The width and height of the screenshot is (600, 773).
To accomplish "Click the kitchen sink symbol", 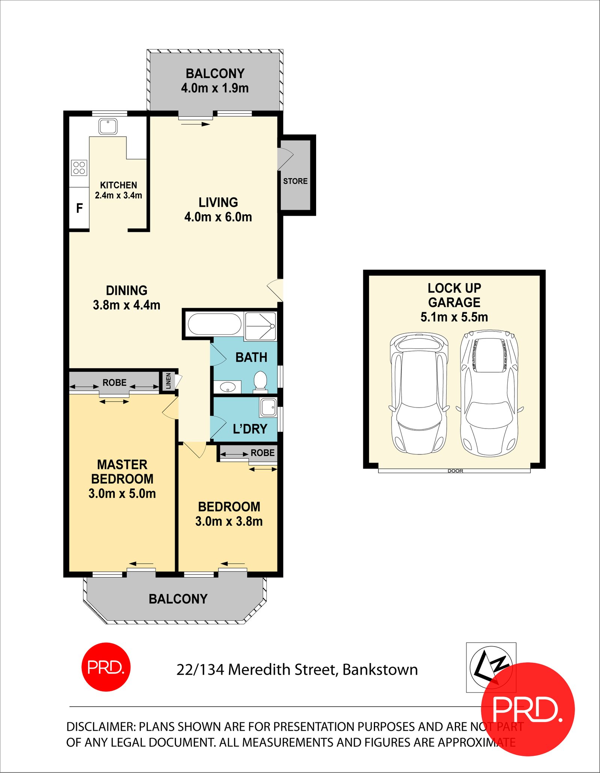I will point(108,126).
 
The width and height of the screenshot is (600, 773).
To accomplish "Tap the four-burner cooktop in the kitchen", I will point(79,168).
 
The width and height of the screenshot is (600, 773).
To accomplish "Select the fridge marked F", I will point(79,208).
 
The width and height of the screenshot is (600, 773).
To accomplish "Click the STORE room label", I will point(295,181).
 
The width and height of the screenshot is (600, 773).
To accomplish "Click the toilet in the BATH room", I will point(260,381).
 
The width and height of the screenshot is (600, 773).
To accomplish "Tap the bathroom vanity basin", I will point(228,387).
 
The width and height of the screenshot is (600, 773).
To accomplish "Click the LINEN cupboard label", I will point(168,381).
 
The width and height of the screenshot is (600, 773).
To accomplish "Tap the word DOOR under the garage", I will point(455,471).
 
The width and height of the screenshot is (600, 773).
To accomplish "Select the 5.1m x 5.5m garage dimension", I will point(454,317).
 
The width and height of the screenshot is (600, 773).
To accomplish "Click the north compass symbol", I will point(491,667).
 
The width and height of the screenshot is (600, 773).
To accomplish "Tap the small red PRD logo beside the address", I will point(106,667).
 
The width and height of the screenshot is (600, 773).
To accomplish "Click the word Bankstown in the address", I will point(380,670).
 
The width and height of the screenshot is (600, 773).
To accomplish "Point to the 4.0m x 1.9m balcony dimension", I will point(215,88).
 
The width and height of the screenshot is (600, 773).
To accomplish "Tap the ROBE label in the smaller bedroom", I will point(262,453).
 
